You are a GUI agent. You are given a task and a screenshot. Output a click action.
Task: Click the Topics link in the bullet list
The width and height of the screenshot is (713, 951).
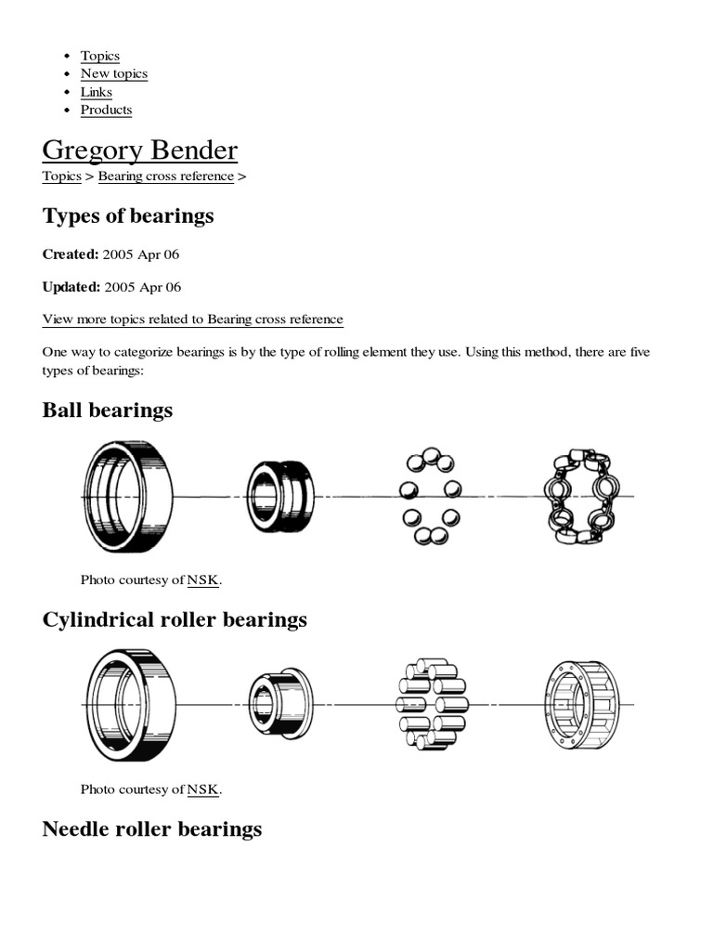[x=99, y=56]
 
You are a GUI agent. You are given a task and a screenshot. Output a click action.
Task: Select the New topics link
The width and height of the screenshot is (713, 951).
[x=113, y=73]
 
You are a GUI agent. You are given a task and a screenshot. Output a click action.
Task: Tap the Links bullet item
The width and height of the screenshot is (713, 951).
[x=96, y=92]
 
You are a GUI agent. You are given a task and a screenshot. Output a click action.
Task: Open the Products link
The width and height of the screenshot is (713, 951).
[x=106, y=110]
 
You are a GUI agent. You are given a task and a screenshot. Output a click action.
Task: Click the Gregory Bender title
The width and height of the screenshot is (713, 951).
[x=139, y=150]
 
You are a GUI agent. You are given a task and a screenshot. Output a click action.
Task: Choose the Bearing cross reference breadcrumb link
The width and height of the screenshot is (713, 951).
[x=166, y=176]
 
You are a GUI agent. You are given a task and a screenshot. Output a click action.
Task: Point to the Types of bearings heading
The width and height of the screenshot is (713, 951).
[x=128, y=216]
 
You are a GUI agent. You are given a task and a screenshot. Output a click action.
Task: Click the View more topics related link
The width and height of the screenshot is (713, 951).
[x=192, y=319]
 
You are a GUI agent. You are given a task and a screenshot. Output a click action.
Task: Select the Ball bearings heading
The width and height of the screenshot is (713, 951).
[x=107, y=410]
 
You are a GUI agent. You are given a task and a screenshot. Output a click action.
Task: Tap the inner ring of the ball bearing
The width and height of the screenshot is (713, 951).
[x=279, y=496]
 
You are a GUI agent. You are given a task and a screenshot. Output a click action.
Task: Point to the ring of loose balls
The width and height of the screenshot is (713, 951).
[x=429, y=497]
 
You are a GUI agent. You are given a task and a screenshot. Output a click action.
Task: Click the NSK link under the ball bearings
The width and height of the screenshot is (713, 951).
[x=202, y=580]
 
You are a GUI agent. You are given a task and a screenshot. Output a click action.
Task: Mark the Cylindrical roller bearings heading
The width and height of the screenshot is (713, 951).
[x=175, y=619]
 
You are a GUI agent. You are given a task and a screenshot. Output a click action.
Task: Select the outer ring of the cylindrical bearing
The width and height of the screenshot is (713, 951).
[x=129, y=706]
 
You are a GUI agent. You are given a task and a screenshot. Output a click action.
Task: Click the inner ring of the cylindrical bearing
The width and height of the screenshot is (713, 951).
[x=279, y=704]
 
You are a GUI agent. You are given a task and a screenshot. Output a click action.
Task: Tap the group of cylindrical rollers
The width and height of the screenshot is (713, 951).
[x=432, y=705]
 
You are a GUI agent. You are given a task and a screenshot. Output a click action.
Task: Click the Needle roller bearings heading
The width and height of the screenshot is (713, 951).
[x=152, y=828]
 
